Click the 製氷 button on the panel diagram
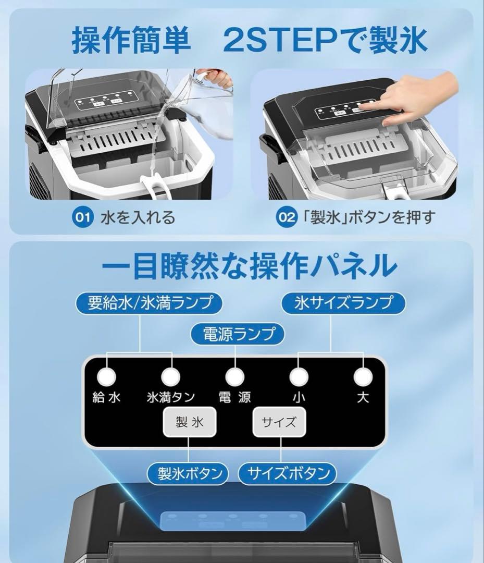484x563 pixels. click(190, 422)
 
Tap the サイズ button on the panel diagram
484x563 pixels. click(279, 422)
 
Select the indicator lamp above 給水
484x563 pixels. click(106, 376)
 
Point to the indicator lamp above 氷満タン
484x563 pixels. click(170, 376)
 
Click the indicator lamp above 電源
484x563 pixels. click(235, 376)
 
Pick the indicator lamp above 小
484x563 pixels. click(299, 376)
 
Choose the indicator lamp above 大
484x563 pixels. click(363, 376)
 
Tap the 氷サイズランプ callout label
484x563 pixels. click(343, 303)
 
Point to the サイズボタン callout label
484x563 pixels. click(288, 473)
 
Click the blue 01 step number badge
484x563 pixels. click(82, 217)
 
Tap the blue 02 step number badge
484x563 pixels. click(286, 217)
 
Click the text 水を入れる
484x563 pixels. click(138, 217)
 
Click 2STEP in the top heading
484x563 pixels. click(279, 41)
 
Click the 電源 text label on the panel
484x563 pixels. click(234, 397)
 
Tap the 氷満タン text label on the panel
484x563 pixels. click(171, 397)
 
